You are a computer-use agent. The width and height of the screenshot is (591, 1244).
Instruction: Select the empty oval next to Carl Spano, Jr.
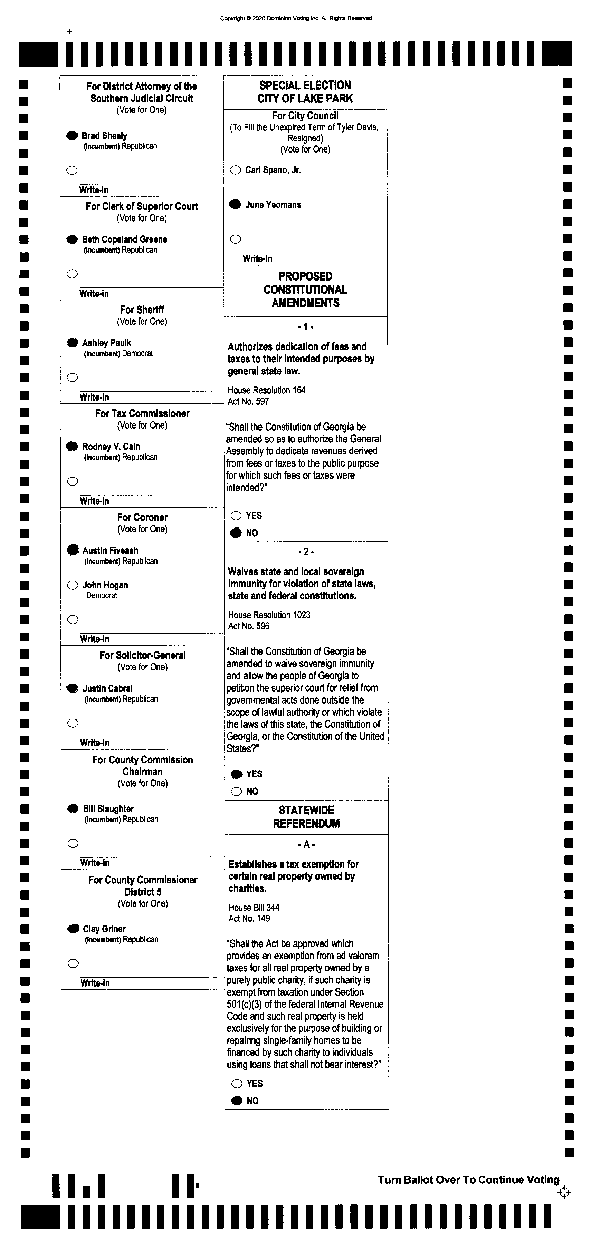tap(235, 170)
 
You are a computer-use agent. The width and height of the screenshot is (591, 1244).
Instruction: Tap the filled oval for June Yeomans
tap(235, 204)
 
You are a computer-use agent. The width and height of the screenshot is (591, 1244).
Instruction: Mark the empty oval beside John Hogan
tap(73, 585)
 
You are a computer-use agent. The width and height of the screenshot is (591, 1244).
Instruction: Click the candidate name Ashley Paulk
tap(106, 343)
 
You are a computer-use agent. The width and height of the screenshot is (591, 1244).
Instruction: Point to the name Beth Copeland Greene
tap(124, 239)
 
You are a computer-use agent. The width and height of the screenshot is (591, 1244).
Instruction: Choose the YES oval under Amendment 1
tap(236, 516)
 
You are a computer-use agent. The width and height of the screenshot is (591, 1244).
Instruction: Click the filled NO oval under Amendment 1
tap(236, 533)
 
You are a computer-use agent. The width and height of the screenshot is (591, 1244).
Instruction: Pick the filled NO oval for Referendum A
tap(237, 1100)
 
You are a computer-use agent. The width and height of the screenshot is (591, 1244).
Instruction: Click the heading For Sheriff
tap(142, 310)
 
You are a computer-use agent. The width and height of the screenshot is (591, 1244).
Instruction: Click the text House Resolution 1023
tap(269, 615)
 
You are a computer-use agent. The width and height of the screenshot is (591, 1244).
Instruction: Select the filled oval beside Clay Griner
tap(74, 929)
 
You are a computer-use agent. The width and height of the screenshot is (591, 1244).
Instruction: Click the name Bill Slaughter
tap(108, 809)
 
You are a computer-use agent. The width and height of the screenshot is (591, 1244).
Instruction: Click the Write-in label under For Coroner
tap(95, 639)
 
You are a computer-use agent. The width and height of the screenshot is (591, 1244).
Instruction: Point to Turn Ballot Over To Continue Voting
tap(468, 1180)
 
